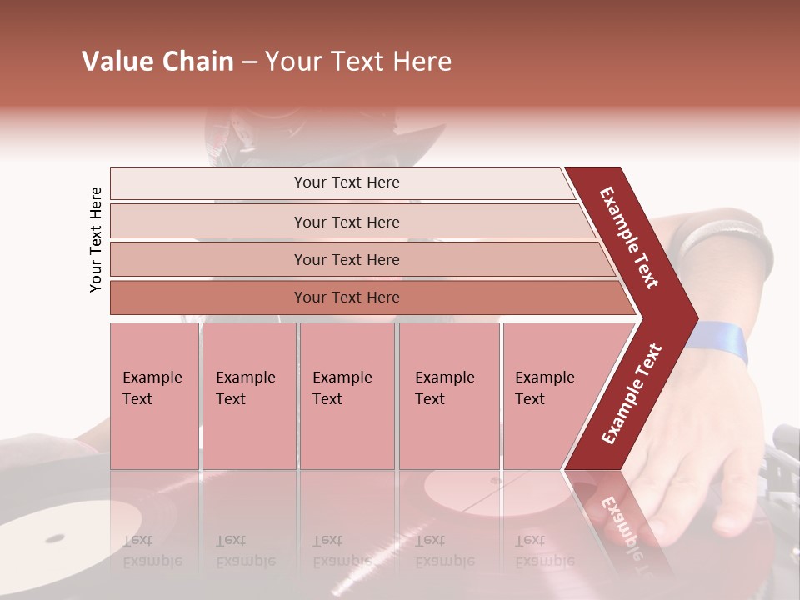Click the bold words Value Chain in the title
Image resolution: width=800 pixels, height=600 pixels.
[x=157, y=62]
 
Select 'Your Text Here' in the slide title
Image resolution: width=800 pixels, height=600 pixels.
[x=358, y=62]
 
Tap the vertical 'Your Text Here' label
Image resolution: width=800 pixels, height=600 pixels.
[x=96, y=239]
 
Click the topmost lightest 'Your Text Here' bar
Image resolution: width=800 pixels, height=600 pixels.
[x=346, y=182]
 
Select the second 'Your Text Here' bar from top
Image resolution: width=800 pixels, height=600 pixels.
[x=346, y=222]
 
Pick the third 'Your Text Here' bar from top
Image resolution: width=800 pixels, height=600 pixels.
[x=346, y=259]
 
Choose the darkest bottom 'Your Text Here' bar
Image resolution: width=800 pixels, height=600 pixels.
[x=346, y=297]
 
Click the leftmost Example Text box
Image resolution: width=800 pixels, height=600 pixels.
[x=154, y=395]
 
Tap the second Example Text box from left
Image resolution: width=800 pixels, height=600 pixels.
[x=248, y=395]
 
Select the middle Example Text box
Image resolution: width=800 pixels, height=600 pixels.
[x=347, y=395]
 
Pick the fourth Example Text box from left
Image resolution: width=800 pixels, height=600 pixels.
[x=448, y=395]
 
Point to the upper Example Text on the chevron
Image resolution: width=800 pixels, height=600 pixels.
[x=629, y=237]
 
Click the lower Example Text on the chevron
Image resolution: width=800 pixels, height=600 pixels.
[x=632, y=393]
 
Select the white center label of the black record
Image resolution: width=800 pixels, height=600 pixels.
[x=55, y=537]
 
